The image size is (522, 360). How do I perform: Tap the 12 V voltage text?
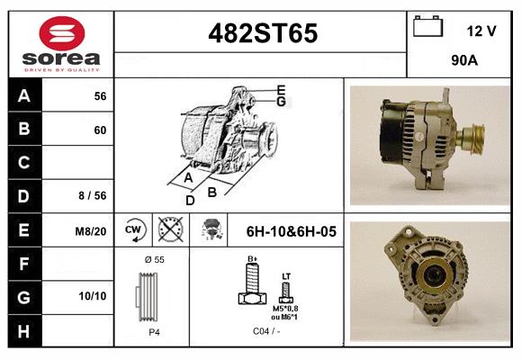tap(481, 31)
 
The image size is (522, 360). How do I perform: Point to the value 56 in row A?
tap(100, 95)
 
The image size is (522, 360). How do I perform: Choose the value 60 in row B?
tap(100, 130)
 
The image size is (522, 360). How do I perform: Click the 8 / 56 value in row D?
tap(93, 194)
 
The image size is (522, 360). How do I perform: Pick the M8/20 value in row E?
tap(92, 230)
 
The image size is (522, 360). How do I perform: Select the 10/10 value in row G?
tap(93, 295)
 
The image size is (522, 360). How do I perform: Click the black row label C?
tap(24, 163)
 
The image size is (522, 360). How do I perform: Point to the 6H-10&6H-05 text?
tap(291, 231)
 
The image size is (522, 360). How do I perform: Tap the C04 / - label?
tap(266, 332)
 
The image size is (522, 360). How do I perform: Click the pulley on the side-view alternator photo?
tap(470, 141)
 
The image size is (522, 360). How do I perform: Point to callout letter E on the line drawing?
tap(281, 89)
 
